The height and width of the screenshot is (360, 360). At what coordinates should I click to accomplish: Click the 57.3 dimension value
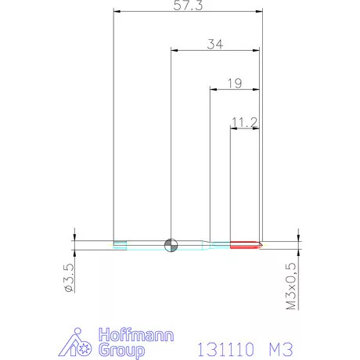point(188,5)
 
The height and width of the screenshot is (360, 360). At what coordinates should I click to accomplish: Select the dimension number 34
point(215,45)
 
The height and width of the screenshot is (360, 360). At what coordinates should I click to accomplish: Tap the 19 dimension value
point(235,83)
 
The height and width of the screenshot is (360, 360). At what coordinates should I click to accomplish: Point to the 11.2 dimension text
point(244,122)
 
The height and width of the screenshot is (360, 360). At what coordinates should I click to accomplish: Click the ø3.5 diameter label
point(69,278)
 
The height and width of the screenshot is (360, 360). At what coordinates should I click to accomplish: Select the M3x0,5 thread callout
point(291,286)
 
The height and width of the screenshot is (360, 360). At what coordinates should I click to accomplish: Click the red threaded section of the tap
point(245,245)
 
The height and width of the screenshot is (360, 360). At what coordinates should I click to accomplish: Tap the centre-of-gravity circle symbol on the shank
point(171,245)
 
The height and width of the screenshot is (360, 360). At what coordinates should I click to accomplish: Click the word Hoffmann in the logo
point(136,335)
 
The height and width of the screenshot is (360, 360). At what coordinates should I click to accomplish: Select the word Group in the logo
point(121,350)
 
